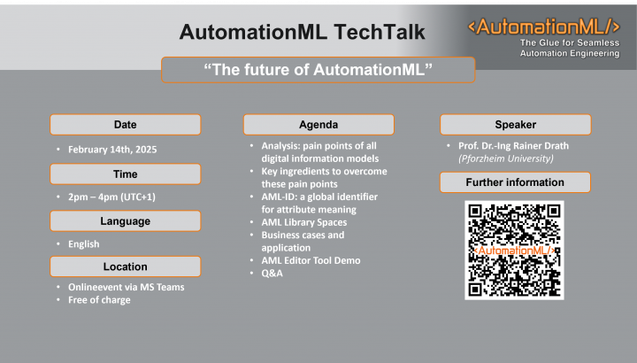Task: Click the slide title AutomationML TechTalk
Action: pyautogui.click(x=302, y=33)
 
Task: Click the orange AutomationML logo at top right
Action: pyautogui.click(x=543, y=26)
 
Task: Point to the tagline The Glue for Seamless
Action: pyautogui.click(x=569, y=42)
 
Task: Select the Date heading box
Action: pyautogui.click(x=125, y=124)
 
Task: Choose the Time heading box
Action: pyautogui.click(x=125, y=174)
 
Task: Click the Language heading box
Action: pyautogui.click(x=125, y=220)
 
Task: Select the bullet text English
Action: pyautogui.click(x=83, y=243)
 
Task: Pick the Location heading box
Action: pyautogui.click(x=125, y=266)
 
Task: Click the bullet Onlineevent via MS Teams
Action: pyautogui.click(x=126, y=287)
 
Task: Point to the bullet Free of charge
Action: pyautogui.click(x=98, y=300)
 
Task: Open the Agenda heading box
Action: pyautogui.click(x=318, y=124)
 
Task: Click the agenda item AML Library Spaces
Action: pyautogui.click(x=303, y=222)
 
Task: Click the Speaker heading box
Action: pyautogui.click(x=515, y=124)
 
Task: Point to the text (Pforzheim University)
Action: pyautogui.click(x=505, y=158)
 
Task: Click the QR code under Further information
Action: pyautogui.click(x=514, y=251)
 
